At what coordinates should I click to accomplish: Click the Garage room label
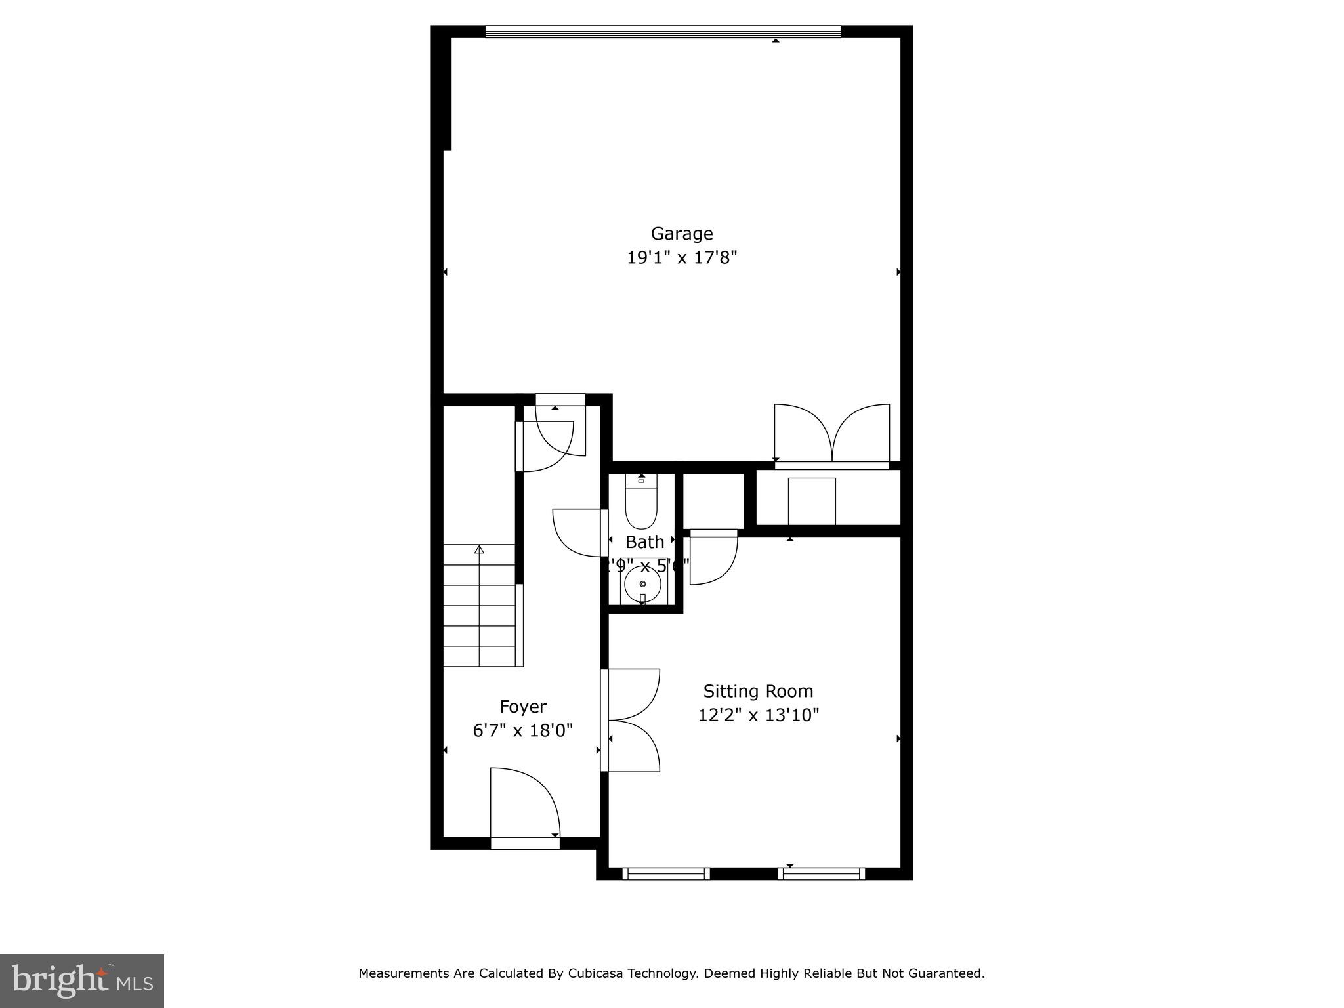(681, 234)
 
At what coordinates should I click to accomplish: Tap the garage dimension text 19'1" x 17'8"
(682, 258)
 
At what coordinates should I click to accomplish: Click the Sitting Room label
(758, 691)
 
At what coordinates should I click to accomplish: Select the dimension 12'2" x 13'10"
(758, 715)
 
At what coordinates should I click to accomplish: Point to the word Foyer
(522, 707)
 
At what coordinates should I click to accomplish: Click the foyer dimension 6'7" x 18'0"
(522, 730)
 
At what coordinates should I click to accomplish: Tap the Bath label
(644, 542)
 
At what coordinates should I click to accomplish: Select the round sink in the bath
(642, 583)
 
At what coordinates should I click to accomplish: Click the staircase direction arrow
(479, 550)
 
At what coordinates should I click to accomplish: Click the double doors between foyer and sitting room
(631, 720)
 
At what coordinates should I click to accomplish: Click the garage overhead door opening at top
(663, 31)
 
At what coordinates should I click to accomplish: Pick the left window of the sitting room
(665, 873)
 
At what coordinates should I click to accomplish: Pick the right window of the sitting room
(821, 873)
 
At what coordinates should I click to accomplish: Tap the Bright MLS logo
(82, 980)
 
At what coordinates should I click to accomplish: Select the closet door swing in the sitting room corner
(713, 558)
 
